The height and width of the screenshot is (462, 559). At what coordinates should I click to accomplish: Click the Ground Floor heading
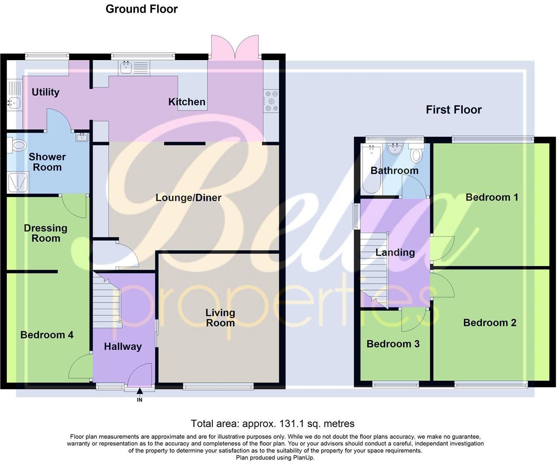141,9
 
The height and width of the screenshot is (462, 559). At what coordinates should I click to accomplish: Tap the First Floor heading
453,110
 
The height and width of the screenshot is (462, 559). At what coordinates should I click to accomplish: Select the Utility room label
45,92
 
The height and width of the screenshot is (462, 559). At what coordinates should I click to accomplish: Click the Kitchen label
186,102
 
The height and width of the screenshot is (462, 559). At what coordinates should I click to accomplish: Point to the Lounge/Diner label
188,198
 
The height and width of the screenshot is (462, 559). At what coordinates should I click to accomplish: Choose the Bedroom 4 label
47,335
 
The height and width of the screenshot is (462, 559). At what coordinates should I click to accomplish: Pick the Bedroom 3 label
393,344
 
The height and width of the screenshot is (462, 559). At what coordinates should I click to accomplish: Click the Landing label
395,252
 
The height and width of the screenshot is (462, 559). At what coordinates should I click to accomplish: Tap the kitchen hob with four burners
271,101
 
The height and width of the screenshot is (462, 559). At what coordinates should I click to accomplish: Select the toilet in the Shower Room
17,145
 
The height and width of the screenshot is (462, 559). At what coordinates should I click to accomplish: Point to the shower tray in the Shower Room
18,182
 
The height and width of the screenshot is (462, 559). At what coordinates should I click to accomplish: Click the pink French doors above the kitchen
235,47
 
